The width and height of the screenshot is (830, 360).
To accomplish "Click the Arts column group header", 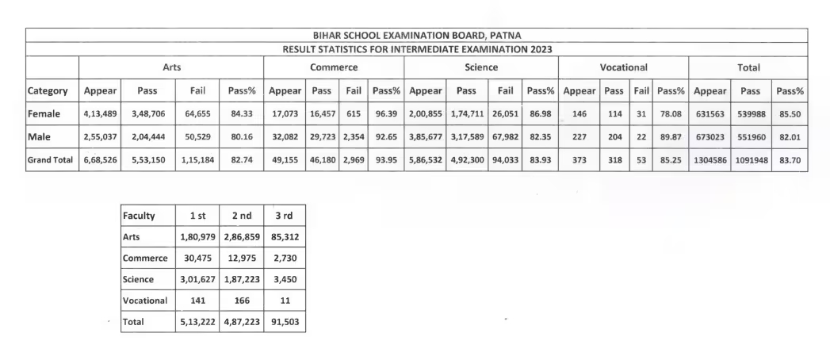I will click(x=170, y=68).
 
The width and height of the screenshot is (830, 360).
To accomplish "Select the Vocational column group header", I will click(x=624, y=68).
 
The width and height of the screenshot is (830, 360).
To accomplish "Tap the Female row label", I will click(x=44, y=114).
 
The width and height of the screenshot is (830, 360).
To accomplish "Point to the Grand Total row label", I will click(x=52, y=160).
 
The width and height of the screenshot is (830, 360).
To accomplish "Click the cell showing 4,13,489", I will click(x=101, y=114).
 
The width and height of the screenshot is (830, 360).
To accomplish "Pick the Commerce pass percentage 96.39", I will click(x=386, y=114).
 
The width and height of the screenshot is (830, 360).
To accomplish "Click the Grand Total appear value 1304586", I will click(x=710, y=160).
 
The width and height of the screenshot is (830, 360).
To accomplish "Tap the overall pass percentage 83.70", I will click(x=790, y=160).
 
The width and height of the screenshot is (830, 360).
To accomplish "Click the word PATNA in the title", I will click(x=503, y=35).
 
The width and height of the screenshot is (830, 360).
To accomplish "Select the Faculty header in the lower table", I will click(x=139, y=216).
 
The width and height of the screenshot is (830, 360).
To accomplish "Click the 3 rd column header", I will click(x=284, y=216).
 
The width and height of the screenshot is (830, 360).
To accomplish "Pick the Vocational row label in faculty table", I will click(x=145, y=301).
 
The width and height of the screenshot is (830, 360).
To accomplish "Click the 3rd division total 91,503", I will click(x=284, y=323).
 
